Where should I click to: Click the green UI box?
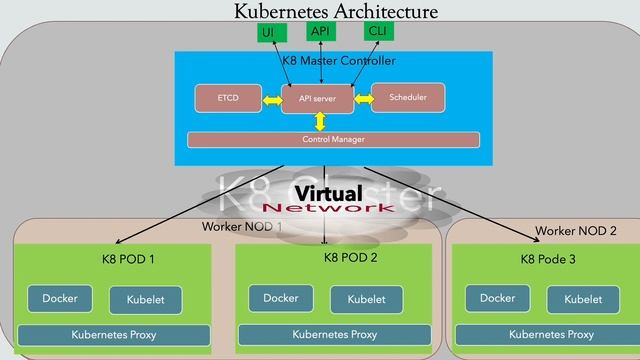(268, 33)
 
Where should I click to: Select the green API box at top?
(321, 32)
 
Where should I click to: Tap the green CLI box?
(378, 32)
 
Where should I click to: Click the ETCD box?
(228, 99)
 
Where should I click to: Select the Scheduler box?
(407, 98)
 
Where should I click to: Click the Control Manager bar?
(333, 140)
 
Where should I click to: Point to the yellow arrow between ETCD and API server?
(271, 99)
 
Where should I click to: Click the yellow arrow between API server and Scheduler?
(362, 99)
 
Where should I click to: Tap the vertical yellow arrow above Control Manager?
(320, 121)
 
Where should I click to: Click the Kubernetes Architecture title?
(336, 12)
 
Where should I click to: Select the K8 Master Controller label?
(338, 61)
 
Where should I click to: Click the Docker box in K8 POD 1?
(60, 298)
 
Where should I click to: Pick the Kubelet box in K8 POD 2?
(367, 299)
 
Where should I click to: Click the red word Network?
(328, 208)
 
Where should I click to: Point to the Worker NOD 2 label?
(576, 231)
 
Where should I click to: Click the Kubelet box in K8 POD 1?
(145, 300)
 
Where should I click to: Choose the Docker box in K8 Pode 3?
(497, 298)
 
